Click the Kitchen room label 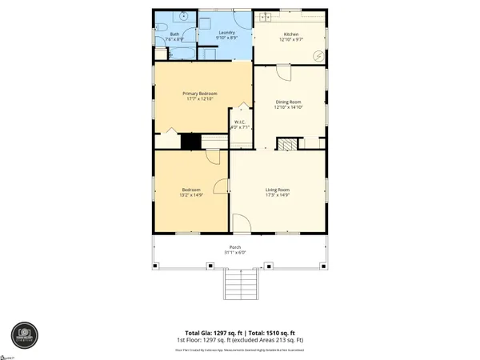click(x=290, y=34)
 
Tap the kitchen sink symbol click(x=265, y=17)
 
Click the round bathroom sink click(x=184, y=17)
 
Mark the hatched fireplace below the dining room click(x=287, y=144)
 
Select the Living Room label click(x=278, y=190)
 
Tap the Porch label click(x=235, y=247)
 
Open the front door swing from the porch click(x=241, y=224)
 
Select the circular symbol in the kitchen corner click(x=318, y=55)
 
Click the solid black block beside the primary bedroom click(x=190, y=142)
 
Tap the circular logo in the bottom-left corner click(x=23, y=332)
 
